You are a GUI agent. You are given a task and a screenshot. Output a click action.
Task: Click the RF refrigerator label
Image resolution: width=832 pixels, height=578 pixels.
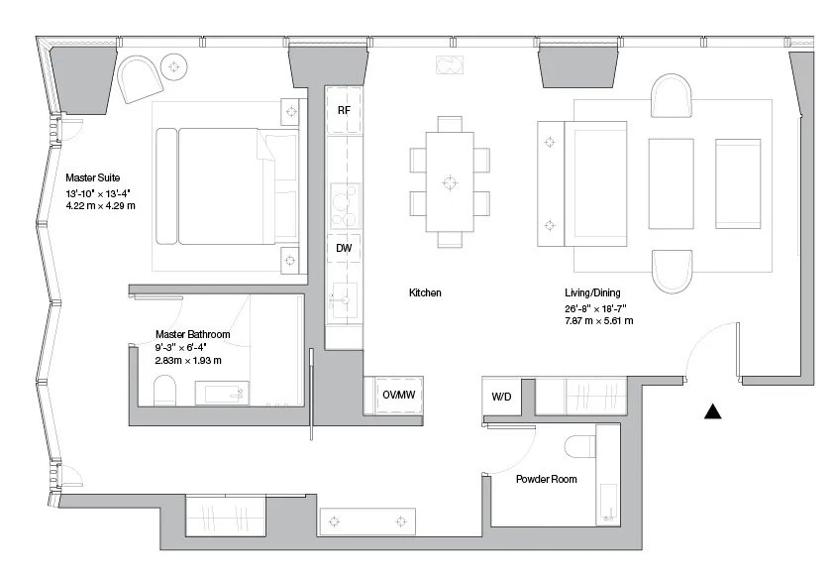[344, 110]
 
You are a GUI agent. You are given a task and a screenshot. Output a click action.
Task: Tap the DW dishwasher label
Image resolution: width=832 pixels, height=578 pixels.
[344, 248]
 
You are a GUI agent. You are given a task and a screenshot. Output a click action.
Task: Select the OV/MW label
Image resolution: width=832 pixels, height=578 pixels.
[399, 395]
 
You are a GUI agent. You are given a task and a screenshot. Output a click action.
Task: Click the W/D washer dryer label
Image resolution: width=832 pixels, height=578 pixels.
[501, 397]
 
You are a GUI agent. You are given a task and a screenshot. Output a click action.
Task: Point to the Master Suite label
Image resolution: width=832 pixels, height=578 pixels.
[93, 177]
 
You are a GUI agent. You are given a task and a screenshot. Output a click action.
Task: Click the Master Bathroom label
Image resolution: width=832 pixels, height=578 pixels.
[192, 334]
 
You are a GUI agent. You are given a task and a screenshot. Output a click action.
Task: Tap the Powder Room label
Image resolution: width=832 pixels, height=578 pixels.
[547, 479]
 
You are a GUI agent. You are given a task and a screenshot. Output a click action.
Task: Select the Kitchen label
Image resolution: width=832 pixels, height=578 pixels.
[425, 292]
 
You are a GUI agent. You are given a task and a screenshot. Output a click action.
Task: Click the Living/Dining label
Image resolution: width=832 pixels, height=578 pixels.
[592, 292]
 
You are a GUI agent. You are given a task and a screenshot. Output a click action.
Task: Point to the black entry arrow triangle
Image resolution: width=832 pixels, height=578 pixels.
[712, 411]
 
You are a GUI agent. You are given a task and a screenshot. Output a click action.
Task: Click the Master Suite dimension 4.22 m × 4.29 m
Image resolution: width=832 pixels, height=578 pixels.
[100, 205]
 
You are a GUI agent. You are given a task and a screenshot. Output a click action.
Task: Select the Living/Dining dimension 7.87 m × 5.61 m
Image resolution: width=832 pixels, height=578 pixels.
[598, 320]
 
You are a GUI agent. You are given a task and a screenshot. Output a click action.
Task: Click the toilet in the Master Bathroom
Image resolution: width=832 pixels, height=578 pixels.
[164, 391]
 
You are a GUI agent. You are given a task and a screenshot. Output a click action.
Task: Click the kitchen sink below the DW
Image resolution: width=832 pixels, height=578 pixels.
[344, 300]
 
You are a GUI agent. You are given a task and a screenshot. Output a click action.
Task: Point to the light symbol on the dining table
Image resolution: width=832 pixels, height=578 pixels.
[450, 182]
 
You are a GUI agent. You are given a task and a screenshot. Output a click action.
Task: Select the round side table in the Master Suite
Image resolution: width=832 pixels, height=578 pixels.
[174, 67]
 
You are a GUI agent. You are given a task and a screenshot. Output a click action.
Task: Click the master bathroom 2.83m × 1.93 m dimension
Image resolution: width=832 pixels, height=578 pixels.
[188, 360]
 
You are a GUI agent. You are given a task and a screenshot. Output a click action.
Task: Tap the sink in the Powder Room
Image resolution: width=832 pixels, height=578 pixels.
[608, 502]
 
